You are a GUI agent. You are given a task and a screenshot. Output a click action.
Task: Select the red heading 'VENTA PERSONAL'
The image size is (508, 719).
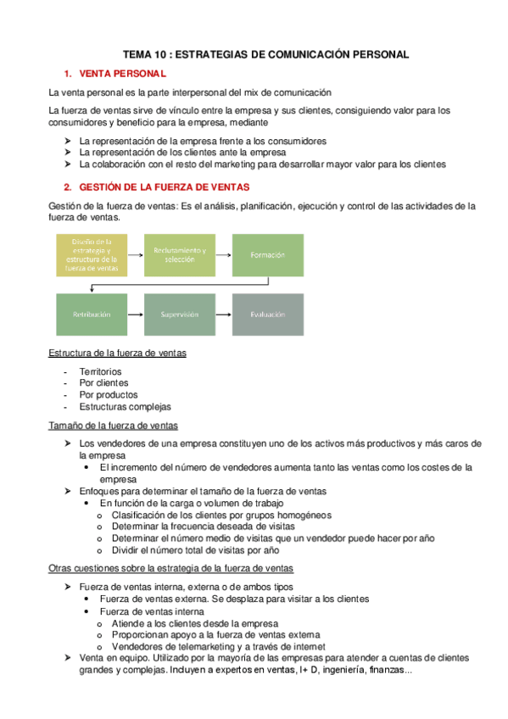[x=123, y=74]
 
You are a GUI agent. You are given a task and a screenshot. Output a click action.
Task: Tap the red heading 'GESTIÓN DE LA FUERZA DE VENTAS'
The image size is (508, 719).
[x=165, y=187]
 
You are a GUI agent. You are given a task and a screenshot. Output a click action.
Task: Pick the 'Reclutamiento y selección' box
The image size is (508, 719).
[x=180, y=254]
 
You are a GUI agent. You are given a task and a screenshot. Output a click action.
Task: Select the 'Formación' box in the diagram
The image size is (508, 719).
[x=267, y=254]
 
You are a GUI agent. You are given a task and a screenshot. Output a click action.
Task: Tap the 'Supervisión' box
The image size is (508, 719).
[x=180, y=315]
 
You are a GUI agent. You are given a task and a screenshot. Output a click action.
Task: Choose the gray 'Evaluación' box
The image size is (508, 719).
[x=267, y=315]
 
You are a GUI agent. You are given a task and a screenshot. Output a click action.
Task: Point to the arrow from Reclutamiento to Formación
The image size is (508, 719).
[x=223, y=254]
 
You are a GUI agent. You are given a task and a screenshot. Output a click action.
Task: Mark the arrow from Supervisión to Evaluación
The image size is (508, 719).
[x=223, y=315]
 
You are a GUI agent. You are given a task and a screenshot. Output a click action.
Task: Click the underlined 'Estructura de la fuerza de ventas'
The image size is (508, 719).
[x=118, y=353]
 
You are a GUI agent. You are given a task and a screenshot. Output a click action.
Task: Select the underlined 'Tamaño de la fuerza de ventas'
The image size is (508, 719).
[x=113, y=425]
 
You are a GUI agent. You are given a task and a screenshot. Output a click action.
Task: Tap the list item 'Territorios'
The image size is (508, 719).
[x=100, y=371]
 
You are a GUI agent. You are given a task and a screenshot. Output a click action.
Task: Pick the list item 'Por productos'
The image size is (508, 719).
[x=108, y=394]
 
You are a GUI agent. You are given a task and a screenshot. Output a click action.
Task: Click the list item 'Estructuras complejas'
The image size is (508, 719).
[x=125, y=406]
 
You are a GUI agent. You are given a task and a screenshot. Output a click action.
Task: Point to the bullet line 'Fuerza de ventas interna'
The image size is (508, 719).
[x=151, y=611]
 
